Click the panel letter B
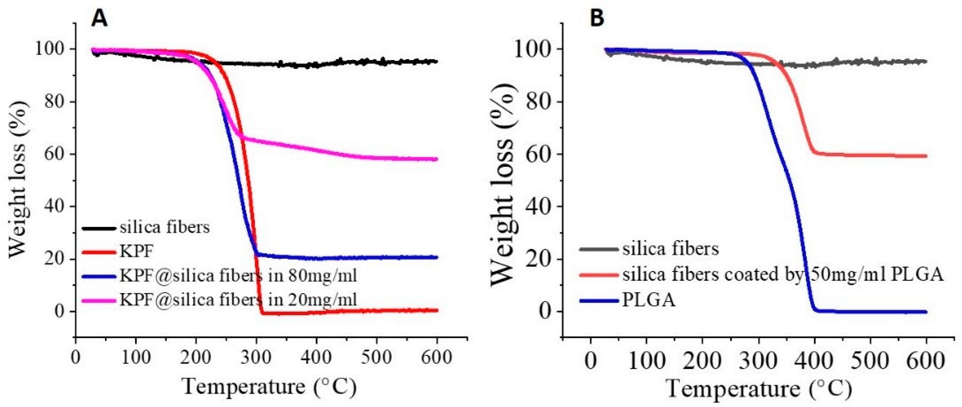coord(597,18)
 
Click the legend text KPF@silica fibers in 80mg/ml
coord(238,276)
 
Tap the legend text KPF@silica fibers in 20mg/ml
coord(238,300)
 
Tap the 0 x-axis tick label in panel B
coord(590,362)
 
